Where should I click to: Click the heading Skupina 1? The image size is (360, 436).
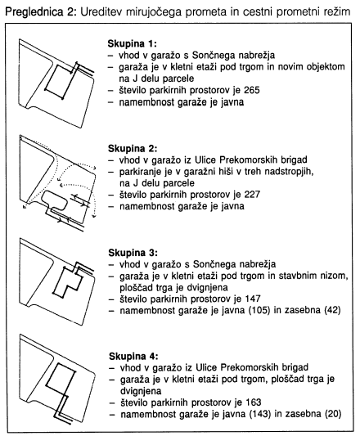[x=133, y=44]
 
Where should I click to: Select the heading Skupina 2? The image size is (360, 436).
[x=133, y=149]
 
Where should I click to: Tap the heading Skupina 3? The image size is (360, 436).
[x=133, y=253]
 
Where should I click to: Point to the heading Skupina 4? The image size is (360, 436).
[x=133, y=357]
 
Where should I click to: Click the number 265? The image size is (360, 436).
[x=251, y=90]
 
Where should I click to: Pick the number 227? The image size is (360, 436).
[x=252, y=195]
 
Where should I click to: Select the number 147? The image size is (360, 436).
[x=253, y=299]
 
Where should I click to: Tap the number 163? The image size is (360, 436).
[x=253, y=402]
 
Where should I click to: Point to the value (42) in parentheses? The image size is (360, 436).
[x=332, y=310]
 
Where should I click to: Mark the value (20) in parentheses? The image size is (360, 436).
[x=333, y=414]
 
